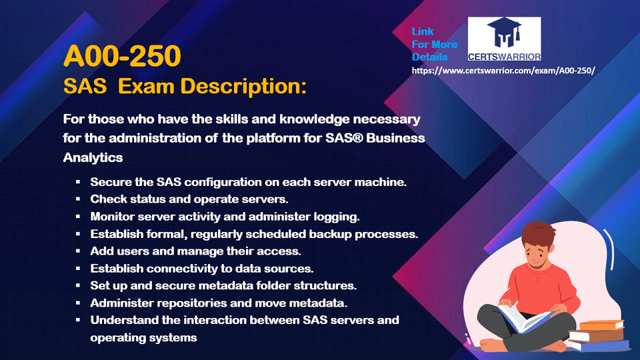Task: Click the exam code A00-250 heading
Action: [122, 56]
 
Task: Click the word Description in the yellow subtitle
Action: [243, 87]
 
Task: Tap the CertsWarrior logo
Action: [504, 39]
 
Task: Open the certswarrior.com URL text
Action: [503, 71]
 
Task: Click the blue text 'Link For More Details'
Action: [434, 44]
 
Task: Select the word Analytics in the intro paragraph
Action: [93, 157]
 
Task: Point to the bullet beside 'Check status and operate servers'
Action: [77, 199]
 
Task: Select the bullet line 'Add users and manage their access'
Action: [195, 251]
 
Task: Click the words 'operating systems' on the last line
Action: [144, 338]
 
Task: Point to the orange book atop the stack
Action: [601, 325]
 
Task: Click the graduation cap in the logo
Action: [505, 32]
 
